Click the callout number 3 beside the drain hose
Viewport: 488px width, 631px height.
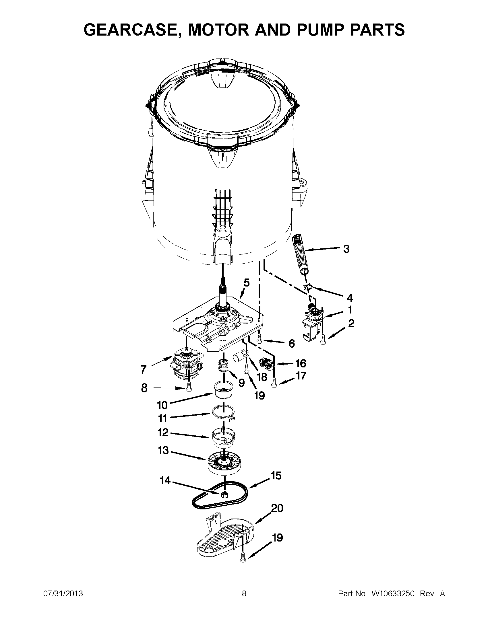pyautogui.click(x=346, y=249)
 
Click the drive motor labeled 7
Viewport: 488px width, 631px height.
pyautogui.click(x=185, y=366)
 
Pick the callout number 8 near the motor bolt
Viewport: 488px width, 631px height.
pyautogui.click(x=144, y=388)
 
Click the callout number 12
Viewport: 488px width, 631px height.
pyautogui.click(x=163, y=432)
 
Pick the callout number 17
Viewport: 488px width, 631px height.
pyautogui.click(x=301, y=376)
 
